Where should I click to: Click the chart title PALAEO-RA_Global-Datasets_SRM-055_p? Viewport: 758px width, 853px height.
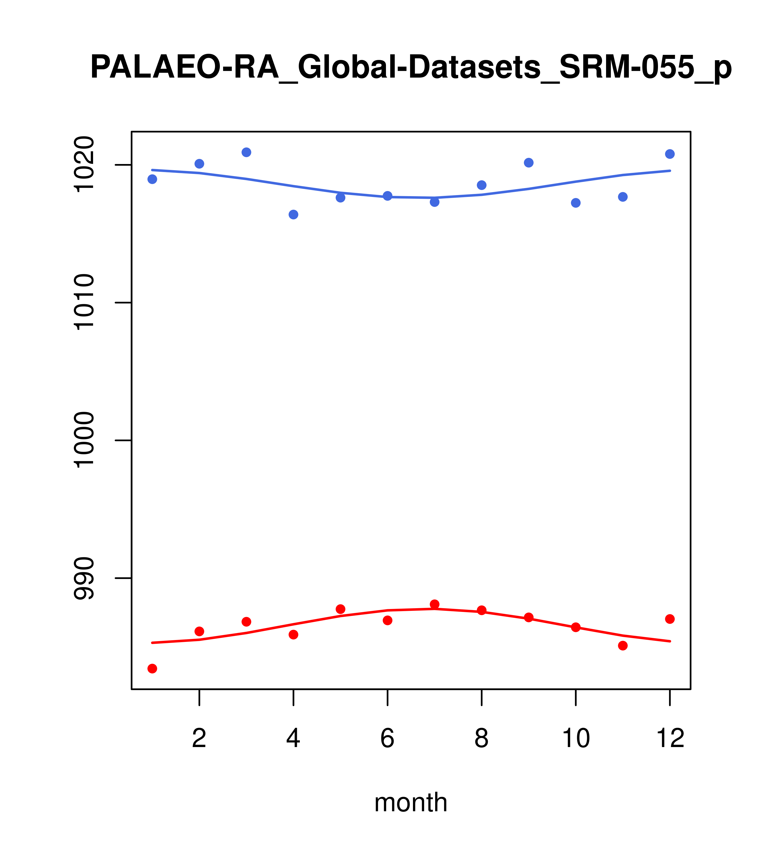(411, 68)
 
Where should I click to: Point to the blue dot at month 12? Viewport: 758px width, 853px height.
(670, 154)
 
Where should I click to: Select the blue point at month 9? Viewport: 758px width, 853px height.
(529, 163)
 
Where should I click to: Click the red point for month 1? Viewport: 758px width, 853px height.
(152, 669)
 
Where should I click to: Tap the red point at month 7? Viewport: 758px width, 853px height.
(435, 604)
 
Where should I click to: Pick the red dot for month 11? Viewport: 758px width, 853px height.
(623, 646)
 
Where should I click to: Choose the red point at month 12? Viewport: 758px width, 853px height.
(670, 619)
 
